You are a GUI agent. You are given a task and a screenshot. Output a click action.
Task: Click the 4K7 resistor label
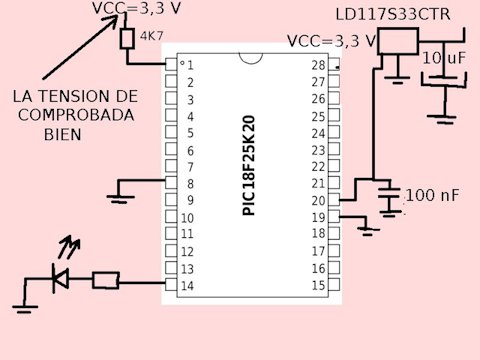(x=152, y=36)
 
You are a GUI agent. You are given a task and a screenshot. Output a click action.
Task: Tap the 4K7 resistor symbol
(x=127, y=39)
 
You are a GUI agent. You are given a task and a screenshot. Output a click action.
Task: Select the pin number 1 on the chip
(x=190, y=65)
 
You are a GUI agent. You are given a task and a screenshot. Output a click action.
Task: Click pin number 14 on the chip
(x=187, y=286)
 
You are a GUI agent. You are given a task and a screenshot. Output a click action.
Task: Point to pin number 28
(x=318, y=65)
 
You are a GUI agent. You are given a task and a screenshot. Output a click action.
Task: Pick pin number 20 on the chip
(x=318, y=201)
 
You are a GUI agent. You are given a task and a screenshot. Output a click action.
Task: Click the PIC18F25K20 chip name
(x=249, y=165)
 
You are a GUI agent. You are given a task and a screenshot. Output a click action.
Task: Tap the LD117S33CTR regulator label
(x=393, y=15)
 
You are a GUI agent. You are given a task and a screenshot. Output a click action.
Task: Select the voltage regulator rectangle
(x=398, y=41)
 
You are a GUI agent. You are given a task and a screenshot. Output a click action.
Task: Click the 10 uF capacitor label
(x=444, y=58)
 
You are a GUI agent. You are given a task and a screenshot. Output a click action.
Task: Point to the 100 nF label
(x=432, y=195)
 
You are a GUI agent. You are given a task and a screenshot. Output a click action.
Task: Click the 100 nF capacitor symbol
(x=389, y=194)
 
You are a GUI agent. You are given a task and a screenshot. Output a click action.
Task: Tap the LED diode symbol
(x=61, y=278)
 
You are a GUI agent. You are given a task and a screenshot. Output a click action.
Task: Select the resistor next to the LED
(x=106, y=280)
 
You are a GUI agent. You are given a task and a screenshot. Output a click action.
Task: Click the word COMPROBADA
(x=76, y=115)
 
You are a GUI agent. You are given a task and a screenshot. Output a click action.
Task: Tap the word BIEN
(x=63, y=135)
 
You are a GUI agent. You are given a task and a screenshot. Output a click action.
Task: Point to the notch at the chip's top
(x=251, y=59)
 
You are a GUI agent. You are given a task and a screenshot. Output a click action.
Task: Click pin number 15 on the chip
(x=318, y=285)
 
